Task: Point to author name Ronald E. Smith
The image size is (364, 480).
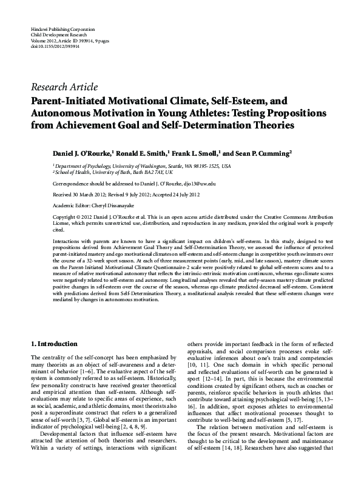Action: (x=144, y=154)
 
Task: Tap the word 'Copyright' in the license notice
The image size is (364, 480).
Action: (x=65, y=216)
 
